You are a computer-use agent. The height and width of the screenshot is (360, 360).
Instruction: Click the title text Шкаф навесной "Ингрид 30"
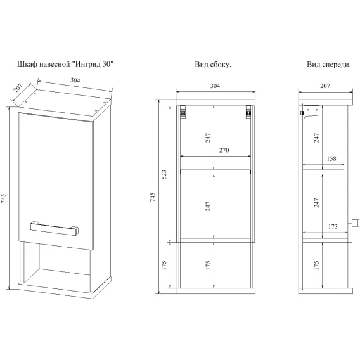point(65,64)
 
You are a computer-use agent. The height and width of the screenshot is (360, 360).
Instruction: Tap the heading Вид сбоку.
point(213,64)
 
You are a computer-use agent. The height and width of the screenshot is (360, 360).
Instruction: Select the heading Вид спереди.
point(329,64)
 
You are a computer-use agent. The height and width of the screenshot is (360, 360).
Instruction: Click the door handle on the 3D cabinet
point(55,228)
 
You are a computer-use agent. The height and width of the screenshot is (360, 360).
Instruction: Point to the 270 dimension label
point(224,150)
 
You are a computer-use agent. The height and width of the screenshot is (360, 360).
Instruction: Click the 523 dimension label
point(164,175)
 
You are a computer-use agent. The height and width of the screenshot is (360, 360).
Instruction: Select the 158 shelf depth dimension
point(331,158)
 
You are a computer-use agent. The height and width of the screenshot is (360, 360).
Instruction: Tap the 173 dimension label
point(333,227)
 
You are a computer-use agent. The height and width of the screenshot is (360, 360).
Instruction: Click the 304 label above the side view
point(215,86)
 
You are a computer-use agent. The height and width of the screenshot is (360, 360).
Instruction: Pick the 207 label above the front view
point(325,86)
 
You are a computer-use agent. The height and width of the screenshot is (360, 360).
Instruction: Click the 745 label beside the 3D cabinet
point(3,198)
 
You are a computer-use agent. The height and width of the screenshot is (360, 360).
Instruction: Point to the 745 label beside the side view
point(153,197)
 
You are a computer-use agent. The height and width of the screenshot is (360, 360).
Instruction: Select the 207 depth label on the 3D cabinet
point(18,87)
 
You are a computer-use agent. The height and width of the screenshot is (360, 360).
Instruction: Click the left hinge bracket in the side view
point(183,112)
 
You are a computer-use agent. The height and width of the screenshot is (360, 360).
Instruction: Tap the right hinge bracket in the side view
point(248,112)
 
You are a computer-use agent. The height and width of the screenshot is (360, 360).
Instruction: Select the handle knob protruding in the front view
point(354,222)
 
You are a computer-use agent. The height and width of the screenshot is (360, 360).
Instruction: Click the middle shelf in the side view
point(215,172)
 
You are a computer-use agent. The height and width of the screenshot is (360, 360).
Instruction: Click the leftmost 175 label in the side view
point(164,266)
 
